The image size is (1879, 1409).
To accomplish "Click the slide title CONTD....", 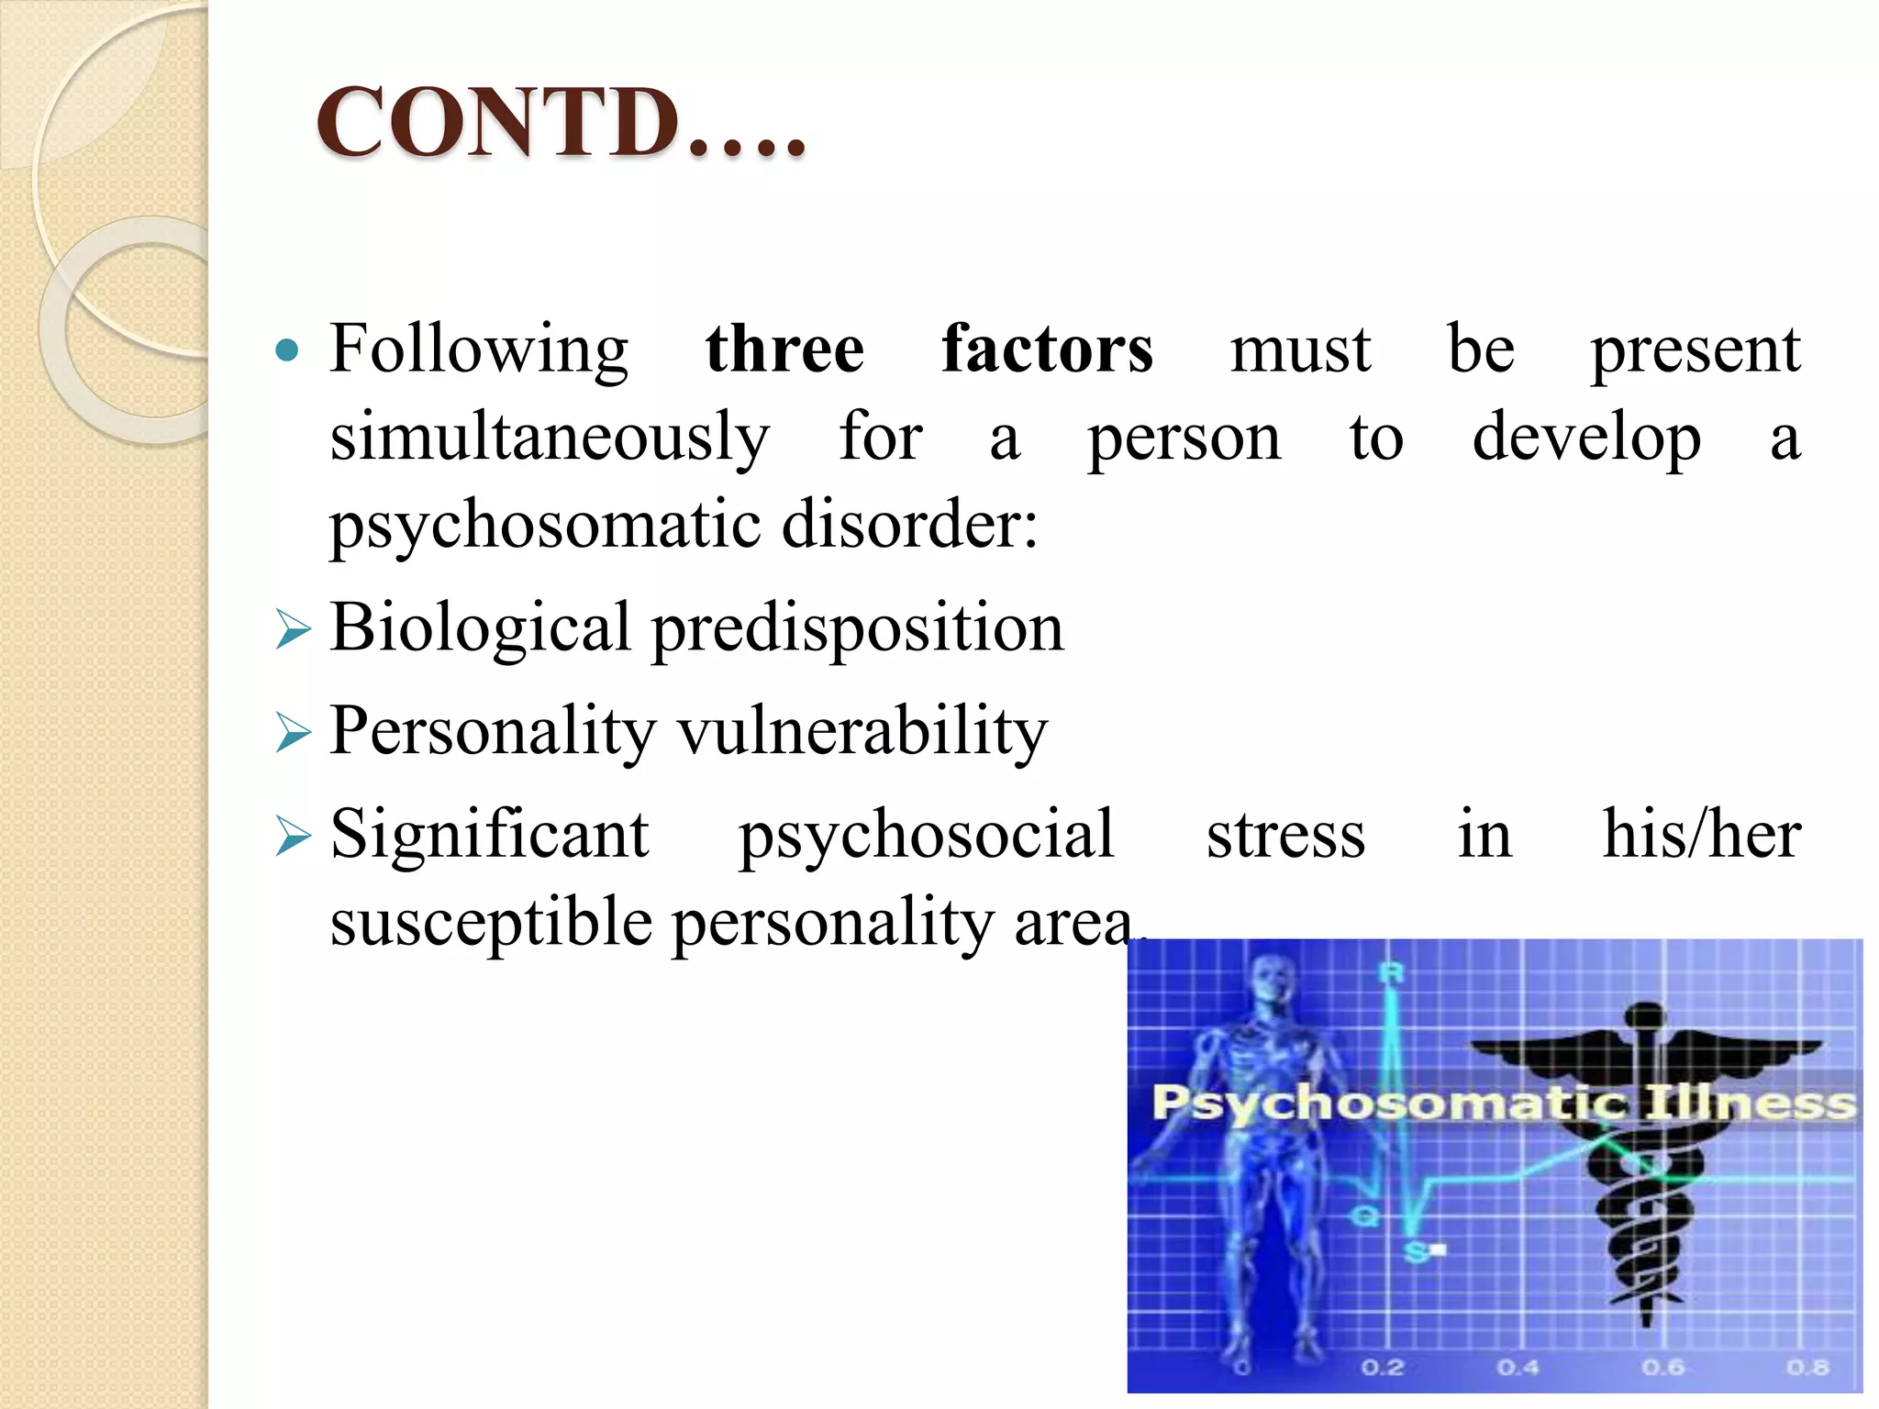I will point(560,123).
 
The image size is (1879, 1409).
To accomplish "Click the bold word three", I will point(784,349).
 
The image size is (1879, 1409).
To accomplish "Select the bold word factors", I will point(1047,349).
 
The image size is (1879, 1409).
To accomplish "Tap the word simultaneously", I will point(549,438).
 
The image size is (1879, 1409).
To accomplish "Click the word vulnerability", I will point(862,732).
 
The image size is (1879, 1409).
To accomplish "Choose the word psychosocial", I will point(927,835).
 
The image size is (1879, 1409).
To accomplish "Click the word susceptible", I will point(491,923).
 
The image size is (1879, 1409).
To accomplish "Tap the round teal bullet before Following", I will point(287,349).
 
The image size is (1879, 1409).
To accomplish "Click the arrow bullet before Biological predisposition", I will point(293,631).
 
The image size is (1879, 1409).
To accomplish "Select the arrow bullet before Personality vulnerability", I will point(293,734).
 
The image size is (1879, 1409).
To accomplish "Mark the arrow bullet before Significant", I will point(293,837).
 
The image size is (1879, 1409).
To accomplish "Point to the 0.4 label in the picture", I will point(1518,1368).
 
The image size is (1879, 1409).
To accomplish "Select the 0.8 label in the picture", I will point(1807,1368).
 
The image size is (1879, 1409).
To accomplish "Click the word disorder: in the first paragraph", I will point(910,526).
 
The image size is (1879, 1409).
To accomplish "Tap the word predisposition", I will point(858,629).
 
